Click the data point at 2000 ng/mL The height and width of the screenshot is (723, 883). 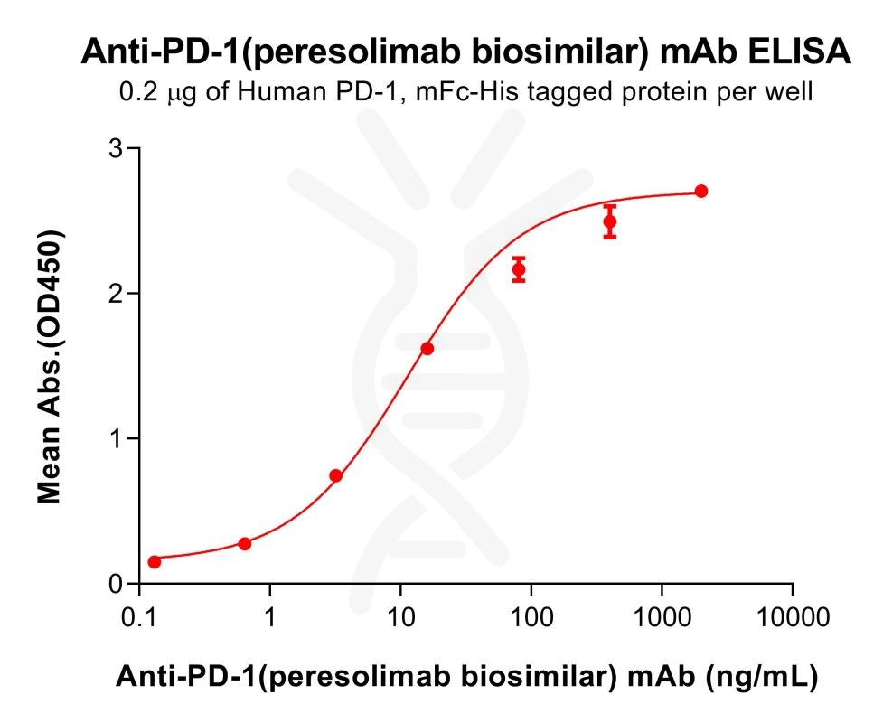701,191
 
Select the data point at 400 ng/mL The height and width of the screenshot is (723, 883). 610,221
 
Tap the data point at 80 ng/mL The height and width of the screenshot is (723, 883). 519,269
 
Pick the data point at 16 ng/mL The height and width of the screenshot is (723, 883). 427,348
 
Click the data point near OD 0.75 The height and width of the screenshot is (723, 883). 336,475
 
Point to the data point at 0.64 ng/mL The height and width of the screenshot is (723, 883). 245,543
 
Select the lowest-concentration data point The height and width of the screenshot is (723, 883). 155,561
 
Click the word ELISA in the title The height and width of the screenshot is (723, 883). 801,52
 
